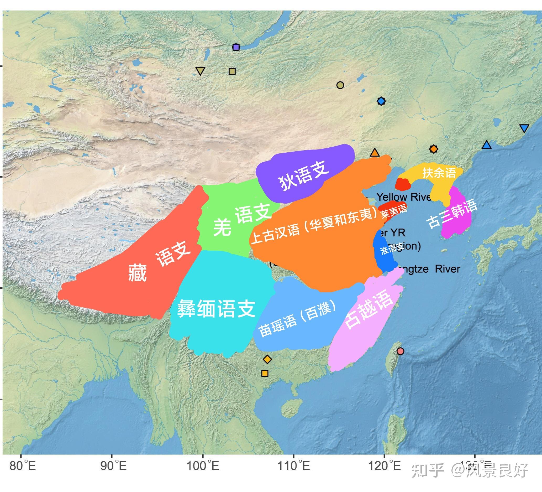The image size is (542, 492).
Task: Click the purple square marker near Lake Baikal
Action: [236, 47]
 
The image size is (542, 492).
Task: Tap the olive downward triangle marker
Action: [200, 71]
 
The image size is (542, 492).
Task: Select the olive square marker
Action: [232, 71]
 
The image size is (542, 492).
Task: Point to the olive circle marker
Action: [340, 85]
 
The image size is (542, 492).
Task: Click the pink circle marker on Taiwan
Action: [400, 351]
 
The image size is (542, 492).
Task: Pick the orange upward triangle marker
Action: [375, 153]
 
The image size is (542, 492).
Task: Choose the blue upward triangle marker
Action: [486, 145]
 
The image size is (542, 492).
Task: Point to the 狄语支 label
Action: [304, 175]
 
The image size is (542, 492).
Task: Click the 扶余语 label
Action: [439, 173]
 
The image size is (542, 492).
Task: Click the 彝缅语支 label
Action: [216, 309]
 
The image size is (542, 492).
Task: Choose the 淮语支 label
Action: [391, 248]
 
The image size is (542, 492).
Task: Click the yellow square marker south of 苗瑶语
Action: [265, 373]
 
